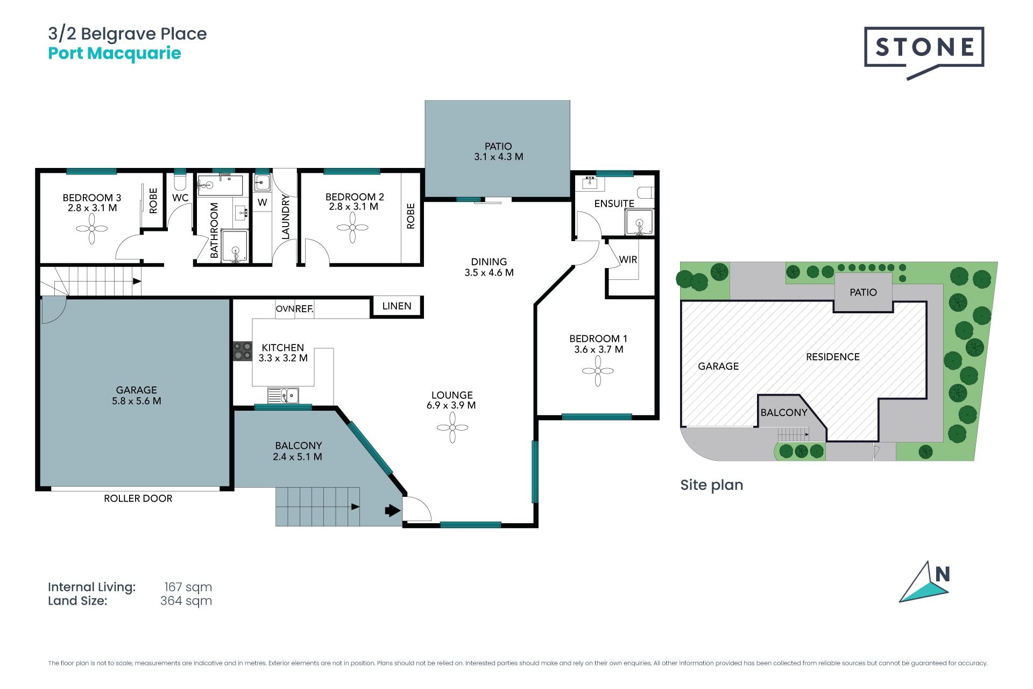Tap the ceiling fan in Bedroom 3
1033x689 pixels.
pyautogui.click(x=91, y=229)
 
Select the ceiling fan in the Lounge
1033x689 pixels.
pyautogui.click(x=452, y=427)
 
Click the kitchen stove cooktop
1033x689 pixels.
pyautogui.click(x=243, y=351)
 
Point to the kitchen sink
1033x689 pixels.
pyautogui.click(x=283, y=396)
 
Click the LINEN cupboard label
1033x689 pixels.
pyautogui.click(x=397, y=306)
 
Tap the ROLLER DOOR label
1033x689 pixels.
pyautogui.click(x=138, y=498)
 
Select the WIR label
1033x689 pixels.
pyautogui.click(x=628, y=259)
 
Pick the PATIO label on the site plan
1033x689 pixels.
pyautogui.click(x=863, y=292)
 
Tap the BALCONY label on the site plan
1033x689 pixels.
pyautogui.click(x=784, y=412)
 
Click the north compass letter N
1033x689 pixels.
pyautogui.click(x=942, y=574)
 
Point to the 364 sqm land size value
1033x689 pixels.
pyautogui.click(x=186, y=601)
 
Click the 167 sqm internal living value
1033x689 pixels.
pyautogui.click(x=188, y=587)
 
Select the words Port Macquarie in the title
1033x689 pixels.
pyautogui.click(x=115, y=53)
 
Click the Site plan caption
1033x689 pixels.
pyautogui.click(x=712, y=485)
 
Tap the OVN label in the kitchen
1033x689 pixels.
pyautogui.click(x=285, y=309)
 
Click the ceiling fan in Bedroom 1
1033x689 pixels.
pyautogui.click(x=598, y=371)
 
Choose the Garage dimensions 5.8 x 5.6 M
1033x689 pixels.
pyautogui.click(x=137, y=401)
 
